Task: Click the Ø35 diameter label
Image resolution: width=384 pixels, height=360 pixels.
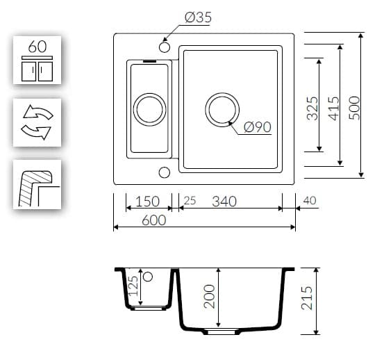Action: pos(198,17)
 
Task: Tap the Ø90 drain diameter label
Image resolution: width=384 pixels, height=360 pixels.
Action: pos(258,127)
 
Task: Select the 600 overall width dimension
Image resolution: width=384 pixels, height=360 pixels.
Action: pos(153,220)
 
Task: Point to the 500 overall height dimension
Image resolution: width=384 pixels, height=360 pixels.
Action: pos(355,108)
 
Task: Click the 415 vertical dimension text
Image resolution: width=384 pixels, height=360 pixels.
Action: pos(334,108)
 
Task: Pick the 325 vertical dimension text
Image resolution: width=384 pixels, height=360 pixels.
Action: pos(312,108)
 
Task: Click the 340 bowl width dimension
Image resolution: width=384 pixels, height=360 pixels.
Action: pos(224,202)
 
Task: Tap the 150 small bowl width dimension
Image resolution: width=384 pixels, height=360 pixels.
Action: pos(147,202)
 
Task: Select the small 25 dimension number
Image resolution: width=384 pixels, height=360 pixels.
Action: pos(190,201)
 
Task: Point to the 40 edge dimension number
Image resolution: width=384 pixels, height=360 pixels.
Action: pos(310,200)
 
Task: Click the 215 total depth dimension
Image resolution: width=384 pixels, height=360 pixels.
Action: pos(307,297)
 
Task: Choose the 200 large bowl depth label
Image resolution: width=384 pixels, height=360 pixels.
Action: pos(209,296)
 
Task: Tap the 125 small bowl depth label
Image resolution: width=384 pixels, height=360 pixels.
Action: pos(133,286)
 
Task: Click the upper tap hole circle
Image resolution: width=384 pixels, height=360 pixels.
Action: pos(165,47)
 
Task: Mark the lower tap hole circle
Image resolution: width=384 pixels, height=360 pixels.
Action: pos(165,172)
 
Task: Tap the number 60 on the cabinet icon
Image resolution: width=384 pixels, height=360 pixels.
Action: pos(37,47)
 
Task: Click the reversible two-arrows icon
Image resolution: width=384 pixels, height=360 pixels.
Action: pos(37,122)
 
